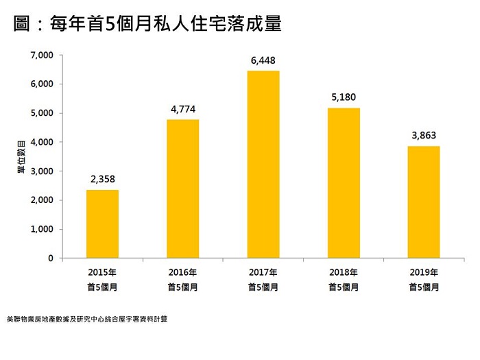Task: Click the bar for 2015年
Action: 102,224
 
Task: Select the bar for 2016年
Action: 183,189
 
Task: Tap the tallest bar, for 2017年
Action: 263,165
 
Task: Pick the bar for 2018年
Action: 344,183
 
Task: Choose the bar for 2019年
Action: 424,202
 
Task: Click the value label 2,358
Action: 102,180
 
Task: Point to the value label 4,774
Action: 183,109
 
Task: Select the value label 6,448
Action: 263,61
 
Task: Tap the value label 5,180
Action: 344,97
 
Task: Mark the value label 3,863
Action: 424,136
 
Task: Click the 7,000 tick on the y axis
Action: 42,55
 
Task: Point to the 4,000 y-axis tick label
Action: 42,142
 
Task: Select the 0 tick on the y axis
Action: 50,259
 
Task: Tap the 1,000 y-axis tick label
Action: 42,230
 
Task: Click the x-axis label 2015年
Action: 102,272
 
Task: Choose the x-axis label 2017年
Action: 263,272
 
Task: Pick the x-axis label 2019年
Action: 424,272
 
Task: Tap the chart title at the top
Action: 148,25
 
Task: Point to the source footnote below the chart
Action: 86,320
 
